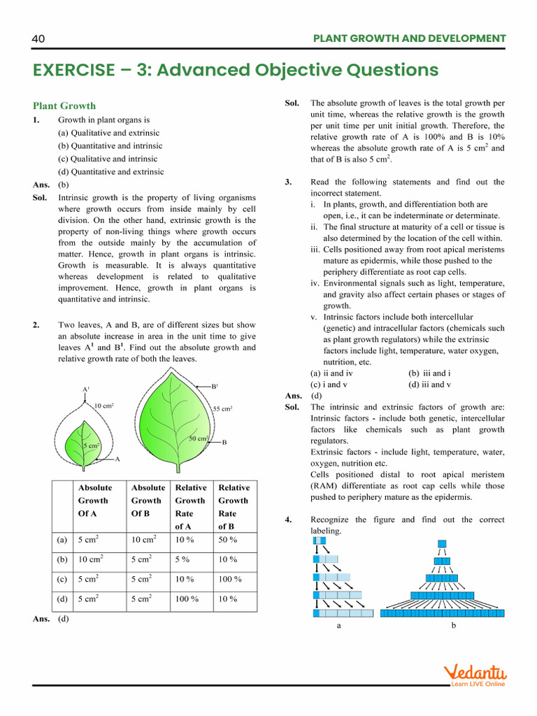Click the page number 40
pos(38,38)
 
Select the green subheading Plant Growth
pos(64,106)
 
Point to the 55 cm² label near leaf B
pos(222,408)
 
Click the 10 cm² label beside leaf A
pos(104,405)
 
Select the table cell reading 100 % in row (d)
pos(187,599)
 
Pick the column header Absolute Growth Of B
pos(148,501)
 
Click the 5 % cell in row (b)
pos(185,559)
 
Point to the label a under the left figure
pos(339,626)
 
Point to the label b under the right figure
pos(453,626)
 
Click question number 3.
pos(288,182)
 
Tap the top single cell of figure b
pos(442,543)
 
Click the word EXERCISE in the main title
pos(73,70)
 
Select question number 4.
pos(288,520)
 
